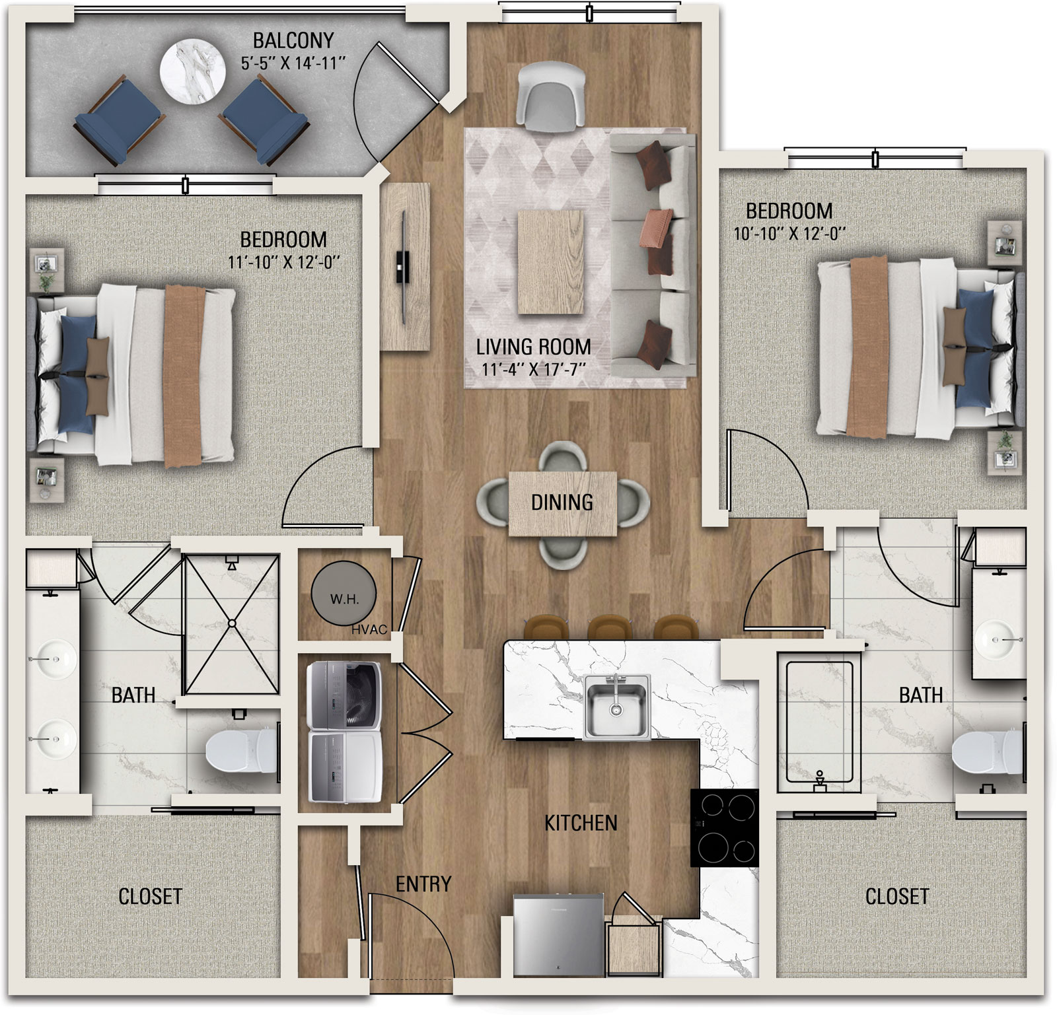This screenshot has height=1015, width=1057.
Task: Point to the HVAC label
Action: (369, 630)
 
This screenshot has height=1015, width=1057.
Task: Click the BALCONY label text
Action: (293, 41)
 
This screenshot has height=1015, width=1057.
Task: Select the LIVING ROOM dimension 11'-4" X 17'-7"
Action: (534, 368)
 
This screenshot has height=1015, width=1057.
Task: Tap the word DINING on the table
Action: (562, 503)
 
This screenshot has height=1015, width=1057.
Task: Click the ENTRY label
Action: (423, 884)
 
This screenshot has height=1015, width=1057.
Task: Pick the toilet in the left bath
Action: (242, 750)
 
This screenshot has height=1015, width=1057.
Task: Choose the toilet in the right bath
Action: (986, 752)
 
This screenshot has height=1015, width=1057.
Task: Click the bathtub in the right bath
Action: (819, 722)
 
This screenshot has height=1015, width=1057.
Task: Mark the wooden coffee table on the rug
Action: (552, 262)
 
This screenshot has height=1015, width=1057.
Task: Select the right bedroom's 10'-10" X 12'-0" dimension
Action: (789, 234)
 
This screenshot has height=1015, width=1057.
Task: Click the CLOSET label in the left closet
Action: (150, 896)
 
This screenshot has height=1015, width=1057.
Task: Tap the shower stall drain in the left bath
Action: (232, 623)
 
